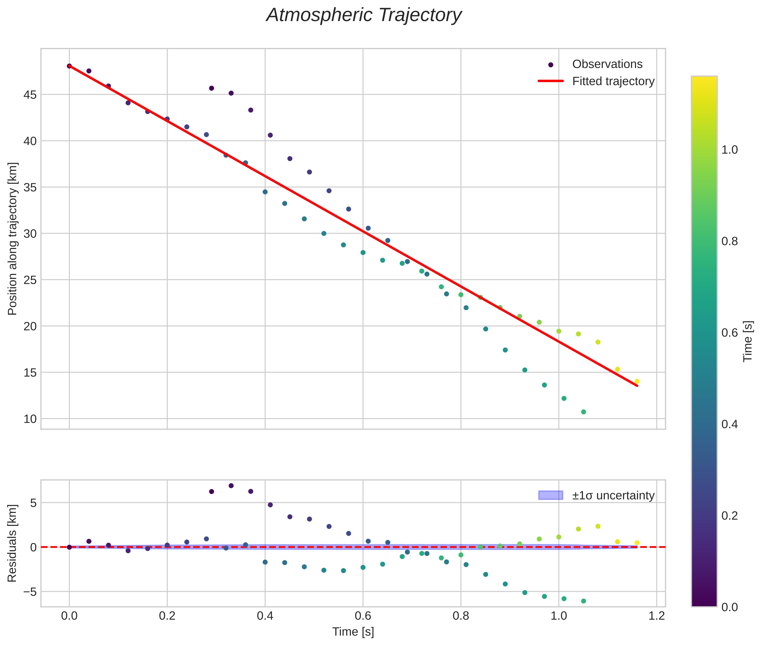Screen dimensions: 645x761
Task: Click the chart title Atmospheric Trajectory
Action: coord(364,15)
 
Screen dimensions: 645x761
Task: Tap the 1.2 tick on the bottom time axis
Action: coord(657,617)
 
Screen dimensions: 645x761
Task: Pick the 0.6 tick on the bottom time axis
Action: coord(363,617)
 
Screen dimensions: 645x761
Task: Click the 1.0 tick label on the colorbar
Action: coord(729,150)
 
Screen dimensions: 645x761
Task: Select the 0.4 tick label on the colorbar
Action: coord(729,424)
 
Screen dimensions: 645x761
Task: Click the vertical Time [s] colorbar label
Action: coord(748,341)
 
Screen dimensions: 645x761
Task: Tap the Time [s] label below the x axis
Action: coord(353,632)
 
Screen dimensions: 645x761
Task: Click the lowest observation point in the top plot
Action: coord(583,412)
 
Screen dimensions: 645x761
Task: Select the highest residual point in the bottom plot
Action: coord(231,486)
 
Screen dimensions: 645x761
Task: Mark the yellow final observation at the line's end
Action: coord(637,381)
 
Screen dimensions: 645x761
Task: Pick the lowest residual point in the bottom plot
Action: coord(583,601)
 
